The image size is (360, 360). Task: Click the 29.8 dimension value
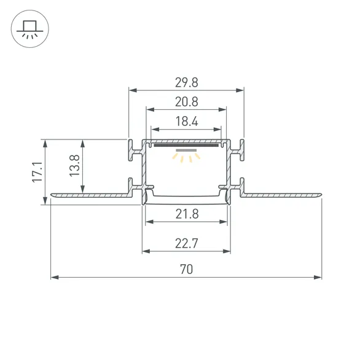pyautogui.click(x=186, y=82)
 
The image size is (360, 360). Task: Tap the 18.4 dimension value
pyautogui.click(x=186, y=122)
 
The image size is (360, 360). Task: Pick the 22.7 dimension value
pyautogui.click(x=186, y=243)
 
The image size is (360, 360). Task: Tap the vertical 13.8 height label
pyautogui.click(x=74, y=166)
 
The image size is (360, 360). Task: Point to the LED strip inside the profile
pyautogui.click(x=186, y=146)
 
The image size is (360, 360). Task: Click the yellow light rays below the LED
pyautogui.click(x=186, y=158)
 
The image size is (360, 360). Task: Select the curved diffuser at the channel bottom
pyautogui.click(x=186, y=197)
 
